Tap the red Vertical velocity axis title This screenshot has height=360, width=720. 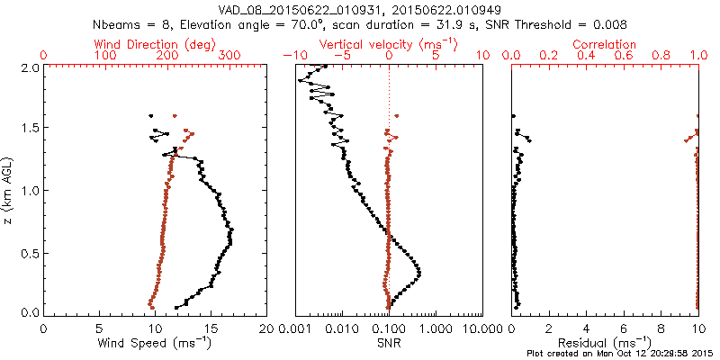pyautogui.click(x=388, y=44)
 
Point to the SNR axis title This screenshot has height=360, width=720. pyautogui.click(x=388, y=342)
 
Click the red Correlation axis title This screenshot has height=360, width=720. pyautogui.click(x=604, y=44)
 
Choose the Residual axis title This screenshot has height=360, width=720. pyautogui.click(x=604, y=342)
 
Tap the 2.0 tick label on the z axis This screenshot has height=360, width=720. pyautogui.click(x=29, y=67)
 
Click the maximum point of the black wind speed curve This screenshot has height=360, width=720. pyautogui.click(x=232, y=232)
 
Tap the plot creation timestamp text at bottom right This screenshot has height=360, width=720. pyautogui.click(x=621, y=354)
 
